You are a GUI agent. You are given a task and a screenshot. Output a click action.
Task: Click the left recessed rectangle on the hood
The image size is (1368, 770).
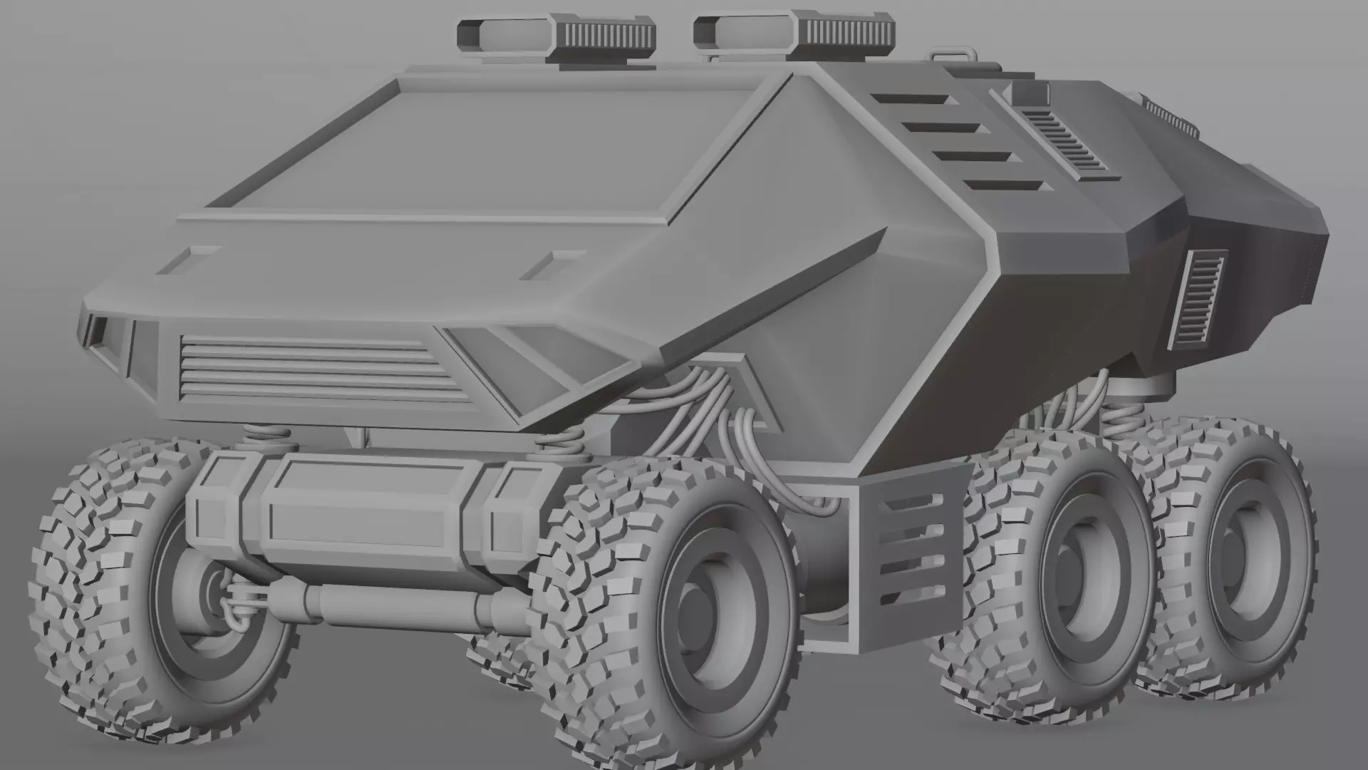(x=187, y=260)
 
